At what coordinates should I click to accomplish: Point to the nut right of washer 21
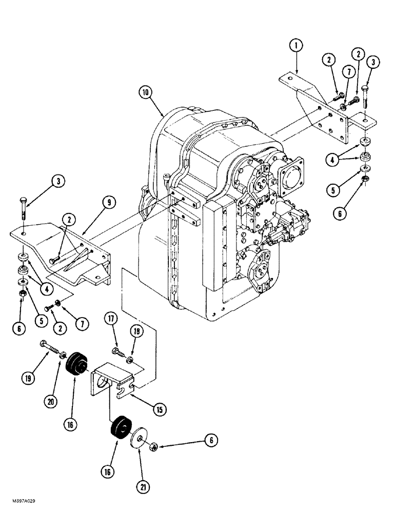click(x=153, y=448)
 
